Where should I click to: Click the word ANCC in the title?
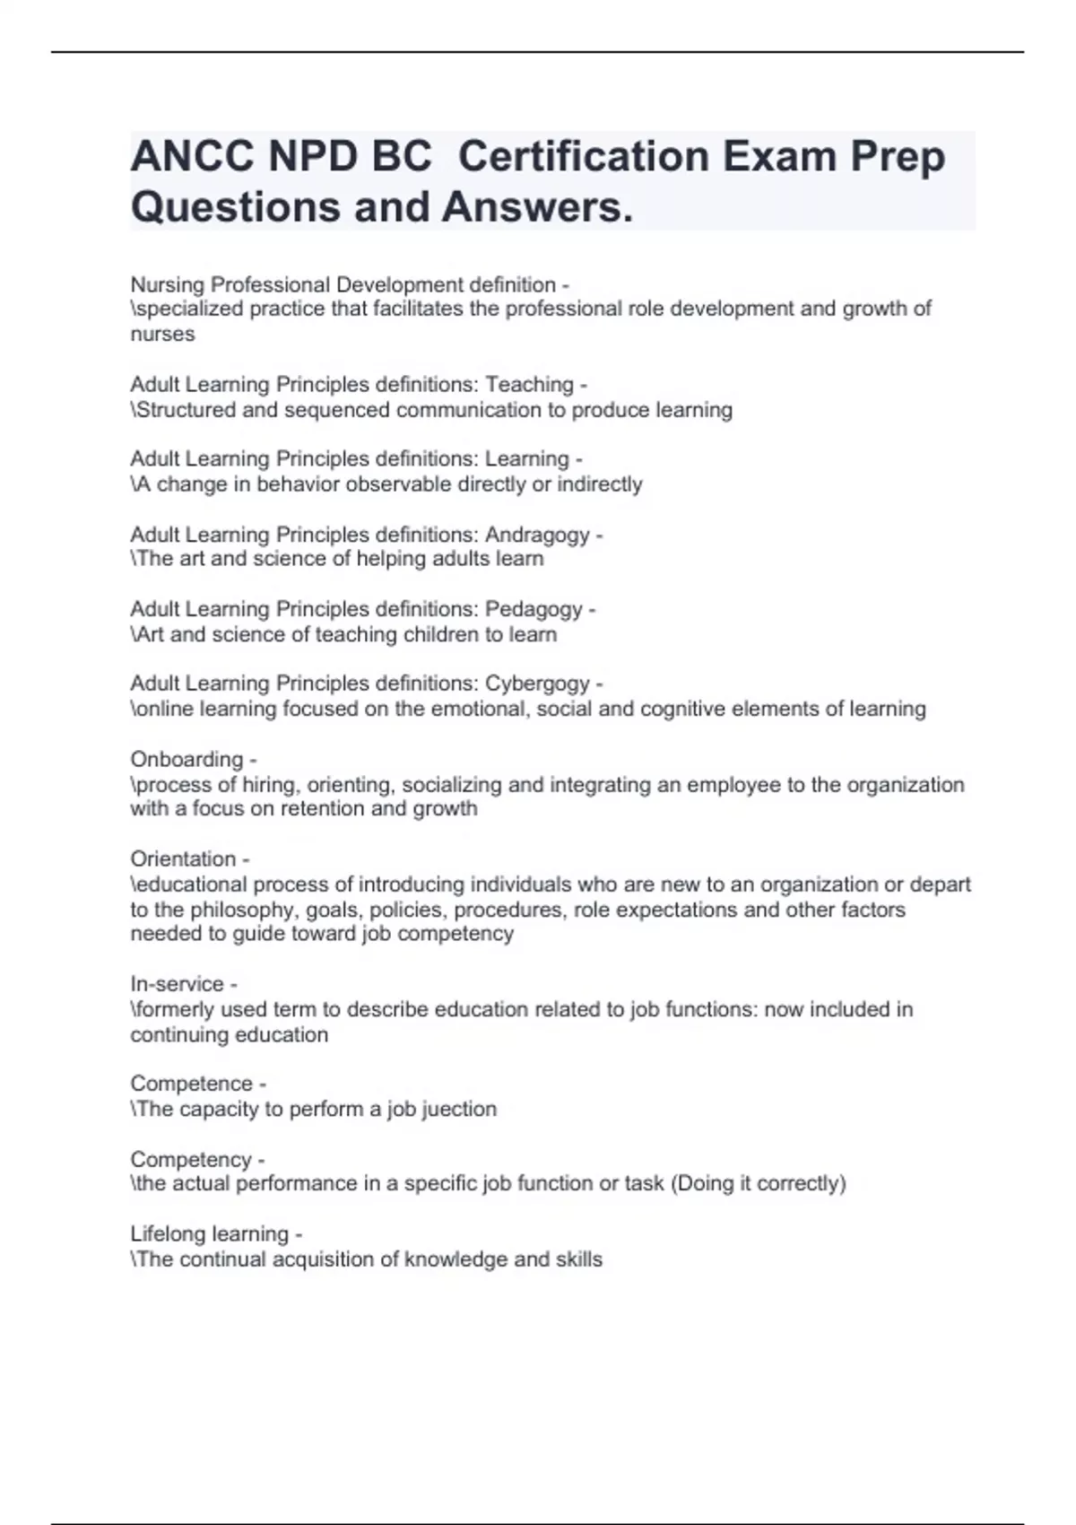pyautogui.click(x=191, y=157)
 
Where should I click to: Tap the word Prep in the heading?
pyautogui.click(x=898, y=157)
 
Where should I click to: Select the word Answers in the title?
pyautogui.click(x=536, y=207)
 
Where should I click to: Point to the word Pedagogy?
pyautogui.click(x=534, y=609)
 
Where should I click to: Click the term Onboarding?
pyautogui.click(x=187, y=759)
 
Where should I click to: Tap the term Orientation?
pyautogui.click(x=183, y=858)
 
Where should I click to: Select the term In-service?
pyautogui.click(x=177, y=984)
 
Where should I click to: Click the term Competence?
pyautogui.click(x=191, y=1084)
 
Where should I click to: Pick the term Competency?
pyautogui.click(x=191, y=1159)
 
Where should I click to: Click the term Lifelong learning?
pyautogui.click(x=210, y=1234)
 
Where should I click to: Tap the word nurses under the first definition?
pyautogui.click(x=162, y=334)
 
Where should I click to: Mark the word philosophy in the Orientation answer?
pyautogui.click(x=244, y=910)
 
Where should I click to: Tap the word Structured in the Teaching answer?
pyautogui.click(x=186, y=410)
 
